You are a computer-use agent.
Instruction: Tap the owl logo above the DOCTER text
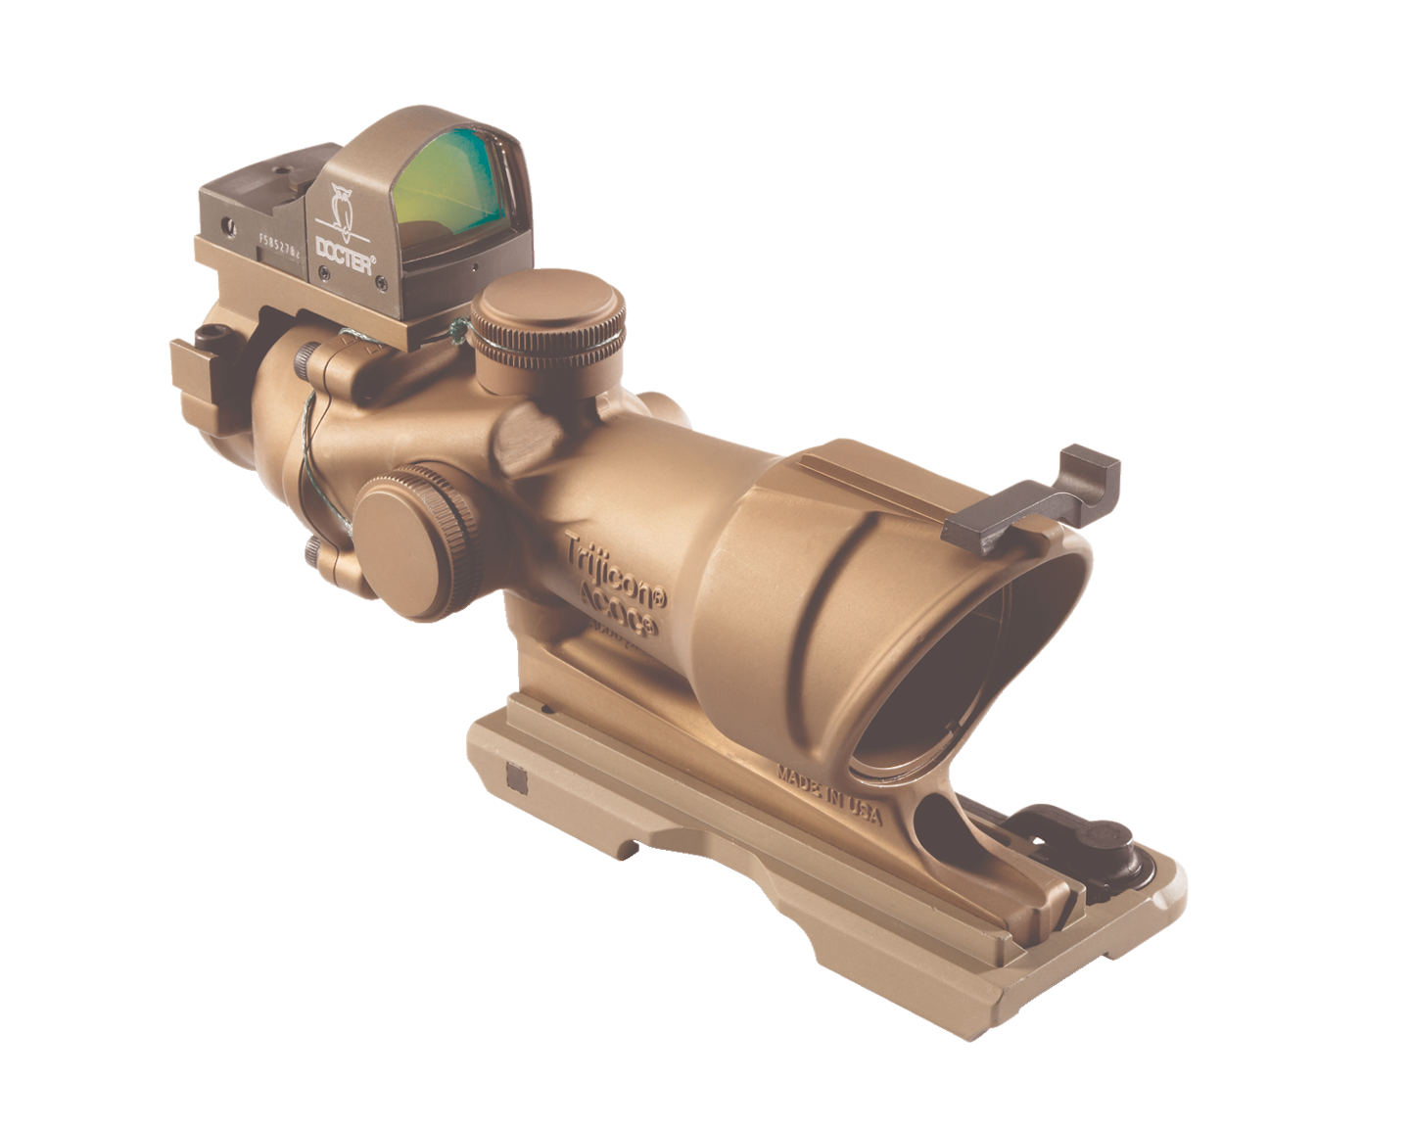(343, 207)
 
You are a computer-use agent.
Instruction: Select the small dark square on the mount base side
(517, 777)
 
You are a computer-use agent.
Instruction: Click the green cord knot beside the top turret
(456, 331)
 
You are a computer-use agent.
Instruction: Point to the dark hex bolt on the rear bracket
(207, 335)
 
